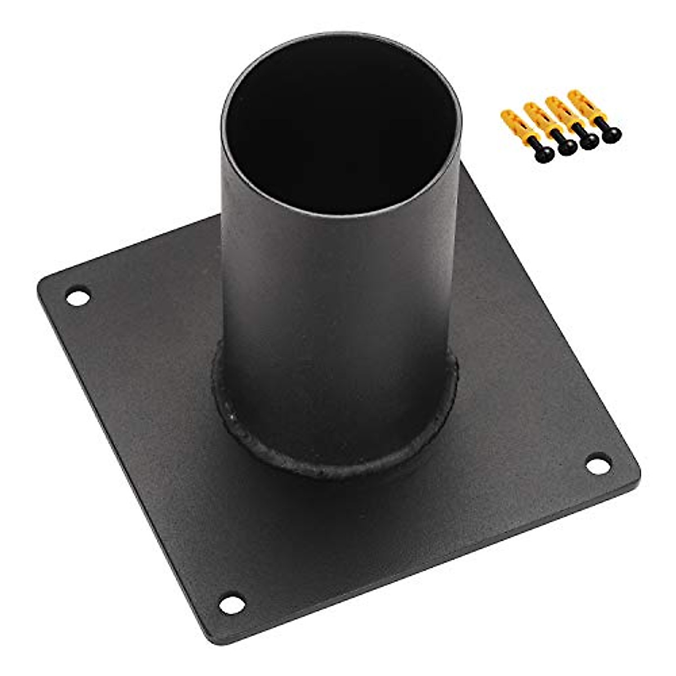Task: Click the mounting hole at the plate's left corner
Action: (x=78, y=296)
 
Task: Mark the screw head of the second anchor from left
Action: (x=564, y=147)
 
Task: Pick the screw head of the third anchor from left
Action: (x=589, y=142)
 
